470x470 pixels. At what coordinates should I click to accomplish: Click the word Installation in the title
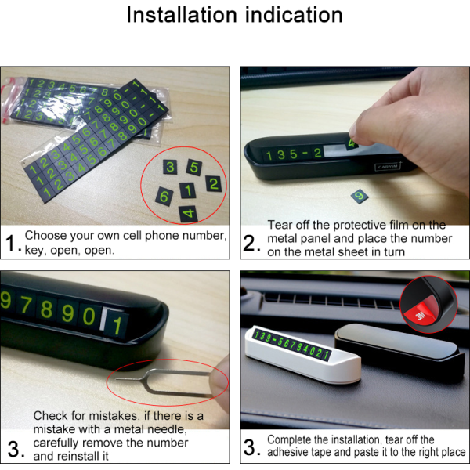pyautogui.click(x=182, y=15)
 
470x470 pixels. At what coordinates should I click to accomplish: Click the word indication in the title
pyautogui.click(x=294, y=15)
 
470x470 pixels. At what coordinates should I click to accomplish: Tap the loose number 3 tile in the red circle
pyautogui.click(x=170, y=167)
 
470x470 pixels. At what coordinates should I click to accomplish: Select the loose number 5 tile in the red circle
pyautogui.click(x=194, y=167)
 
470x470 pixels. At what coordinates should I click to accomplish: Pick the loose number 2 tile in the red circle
pyautogui.click(x=214, y=184)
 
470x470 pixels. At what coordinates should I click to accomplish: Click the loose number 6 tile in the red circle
pyautogui.click(x=164, y=197)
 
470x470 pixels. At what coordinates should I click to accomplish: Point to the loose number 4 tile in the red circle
pyautogui.click(x=189, y=214)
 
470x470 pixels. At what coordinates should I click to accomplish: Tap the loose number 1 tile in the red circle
pyautogui.click(x=188, y=190)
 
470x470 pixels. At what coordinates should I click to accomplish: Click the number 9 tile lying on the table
pyautogui.click(x=360, y=197)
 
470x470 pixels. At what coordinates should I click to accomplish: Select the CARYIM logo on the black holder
pyautogui.click(x=388, y=167)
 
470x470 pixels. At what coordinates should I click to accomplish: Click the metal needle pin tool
pyautogui.click(x=164, y=382)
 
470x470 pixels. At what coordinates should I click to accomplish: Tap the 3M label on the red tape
pyautogui.click(x=421, y=316)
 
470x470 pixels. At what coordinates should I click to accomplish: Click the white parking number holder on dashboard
pyautogui.click(x=303, y=354)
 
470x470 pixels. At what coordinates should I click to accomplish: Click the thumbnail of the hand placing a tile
pyautogui.click(x=355, y=146)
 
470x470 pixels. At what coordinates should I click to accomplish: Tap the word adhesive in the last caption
pyautogui.click(x=287, y=452)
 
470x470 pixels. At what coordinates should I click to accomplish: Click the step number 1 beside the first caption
pyautogui.click(x=12, y=243)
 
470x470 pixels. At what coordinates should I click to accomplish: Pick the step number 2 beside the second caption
pyautogui.click(x=250, y=243)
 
